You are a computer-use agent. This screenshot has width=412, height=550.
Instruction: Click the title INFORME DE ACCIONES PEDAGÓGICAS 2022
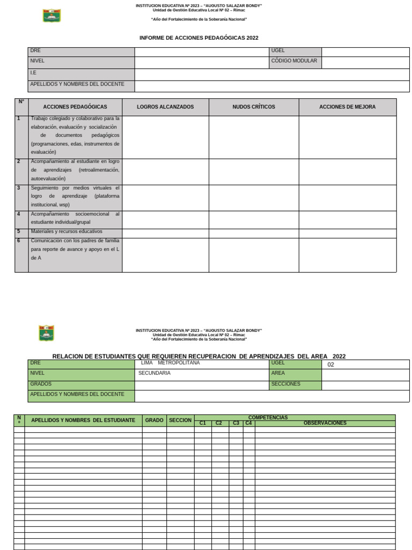click(198, 38)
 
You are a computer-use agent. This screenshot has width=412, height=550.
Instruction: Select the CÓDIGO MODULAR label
click(294, 61)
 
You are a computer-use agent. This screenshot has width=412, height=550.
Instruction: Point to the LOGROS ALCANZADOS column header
click(165, 107)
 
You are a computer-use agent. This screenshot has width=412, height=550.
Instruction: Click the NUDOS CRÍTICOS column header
click(253, 107)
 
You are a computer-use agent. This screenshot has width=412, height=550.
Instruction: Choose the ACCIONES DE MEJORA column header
click(347, 107)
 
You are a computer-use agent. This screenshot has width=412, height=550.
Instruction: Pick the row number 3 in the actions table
click(19, 188)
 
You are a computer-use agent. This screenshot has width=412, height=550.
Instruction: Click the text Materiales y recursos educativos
click(67, 231)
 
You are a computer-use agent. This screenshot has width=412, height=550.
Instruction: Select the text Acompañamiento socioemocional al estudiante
click(75, 218)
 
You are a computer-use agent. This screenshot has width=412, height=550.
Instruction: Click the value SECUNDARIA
click(154, 373)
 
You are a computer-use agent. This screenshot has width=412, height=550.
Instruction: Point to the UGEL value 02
click(330, 365)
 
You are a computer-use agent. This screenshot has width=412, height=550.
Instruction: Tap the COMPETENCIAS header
click(268, 417)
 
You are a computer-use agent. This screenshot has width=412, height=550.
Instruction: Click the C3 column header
click(236, 423)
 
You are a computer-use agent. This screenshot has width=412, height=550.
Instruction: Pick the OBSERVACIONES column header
click(325, 423)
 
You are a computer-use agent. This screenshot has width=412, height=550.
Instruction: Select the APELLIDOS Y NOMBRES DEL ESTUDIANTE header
click(83, 421)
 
